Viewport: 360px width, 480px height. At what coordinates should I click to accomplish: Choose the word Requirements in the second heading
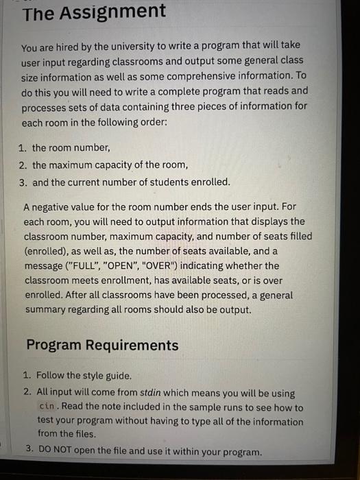(130, 345)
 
